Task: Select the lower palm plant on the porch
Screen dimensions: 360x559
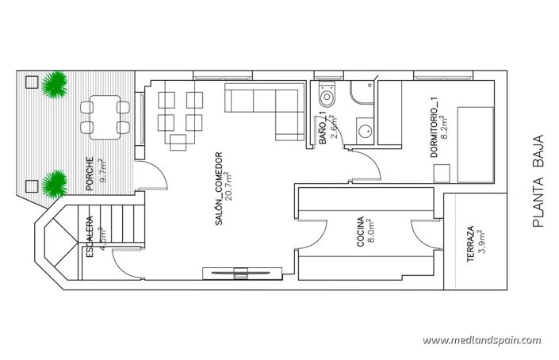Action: click(54, 184)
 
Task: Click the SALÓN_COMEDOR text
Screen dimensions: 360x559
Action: click(217, 190)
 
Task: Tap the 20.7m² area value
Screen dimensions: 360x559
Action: click(228, 190)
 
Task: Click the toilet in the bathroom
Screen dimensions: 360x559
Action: click(327, 98)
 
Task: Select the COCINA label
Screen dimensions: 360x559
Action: click(360, 232)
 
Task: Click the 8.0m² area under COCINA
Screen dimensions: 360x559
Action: click(371, 232)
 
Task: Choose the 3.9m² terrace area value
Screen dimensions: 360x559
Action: click(481, 241)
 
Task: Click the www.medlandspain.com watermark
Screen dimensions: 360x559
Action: click(481, 340)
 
